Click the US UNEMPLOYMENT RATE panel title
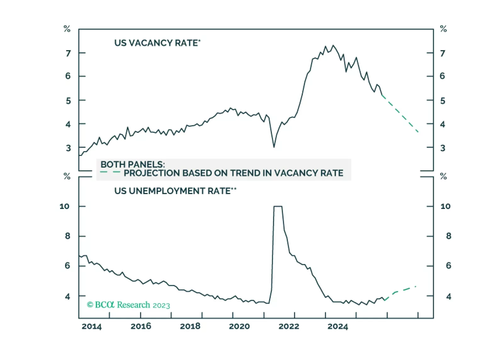[175, 191]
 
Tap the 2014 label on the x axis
[92, 326]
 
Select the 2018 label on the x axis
[190, 326]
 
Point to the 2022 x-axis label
[289, 326]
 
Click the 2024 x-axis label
[338, 326]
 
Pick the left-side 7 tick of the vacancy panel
[68, 53]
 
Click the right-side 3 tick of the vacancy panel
[443, 148]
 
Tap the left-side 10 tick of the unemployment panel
[64, 206]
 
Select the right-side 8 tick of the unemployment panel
[449, 236]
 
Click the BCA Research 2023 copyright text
[128, 305]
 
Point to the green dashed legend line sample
[110, 172]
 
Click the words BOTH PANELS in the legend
[133, 164]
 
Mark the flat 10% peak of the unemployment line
[278, 206]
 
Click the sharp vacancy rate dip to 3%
[274, 147]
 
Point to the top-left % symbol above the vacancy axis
[67, 29]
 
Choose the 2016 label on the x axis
[141, 326]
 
